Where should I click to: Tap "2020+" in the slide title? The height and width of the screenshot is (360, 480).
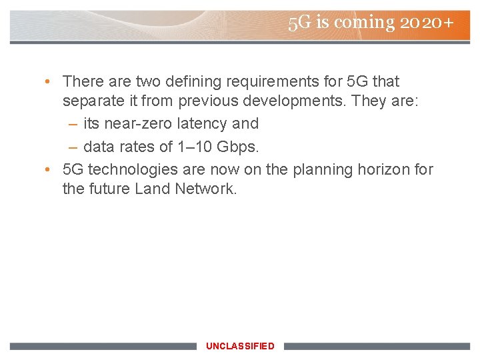click(x=427, y=23)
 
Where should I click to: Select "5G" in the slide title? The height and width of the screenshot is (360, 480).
click(x=300, y=23)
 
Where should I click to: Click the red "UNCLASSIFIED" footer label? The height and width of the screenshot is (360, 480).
click(x=240, y=346)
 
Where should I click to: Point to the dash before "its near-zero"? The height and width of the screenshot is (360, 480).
click(x=73, y=123)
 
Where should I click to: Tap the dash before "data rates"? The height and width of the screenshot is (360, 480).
click(x=73, y=145)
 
